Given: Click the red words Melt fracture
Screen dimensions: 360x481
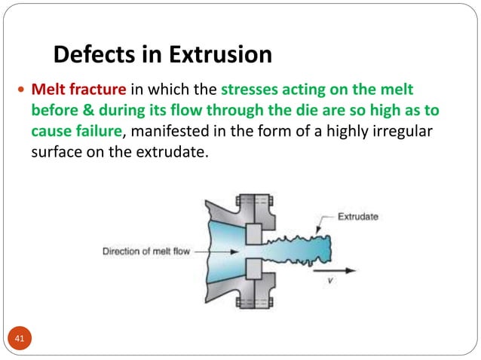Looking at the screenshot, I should [73, 90].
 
